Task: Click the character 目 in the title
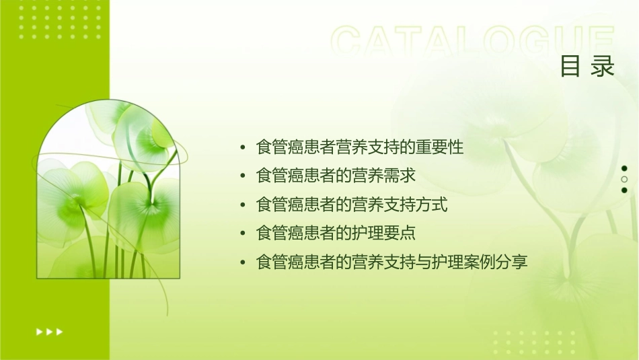pos(570,67)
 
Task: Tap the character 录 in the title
pos(604,67)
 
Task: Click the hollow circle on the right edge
pos(624,180)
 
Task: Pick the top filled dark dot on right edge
pos(624,168)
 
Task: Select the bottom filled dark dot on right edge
pos(624,190)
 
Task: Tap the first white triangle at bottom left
pos(38,331)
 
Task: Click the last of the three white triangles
pos(60,331)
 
